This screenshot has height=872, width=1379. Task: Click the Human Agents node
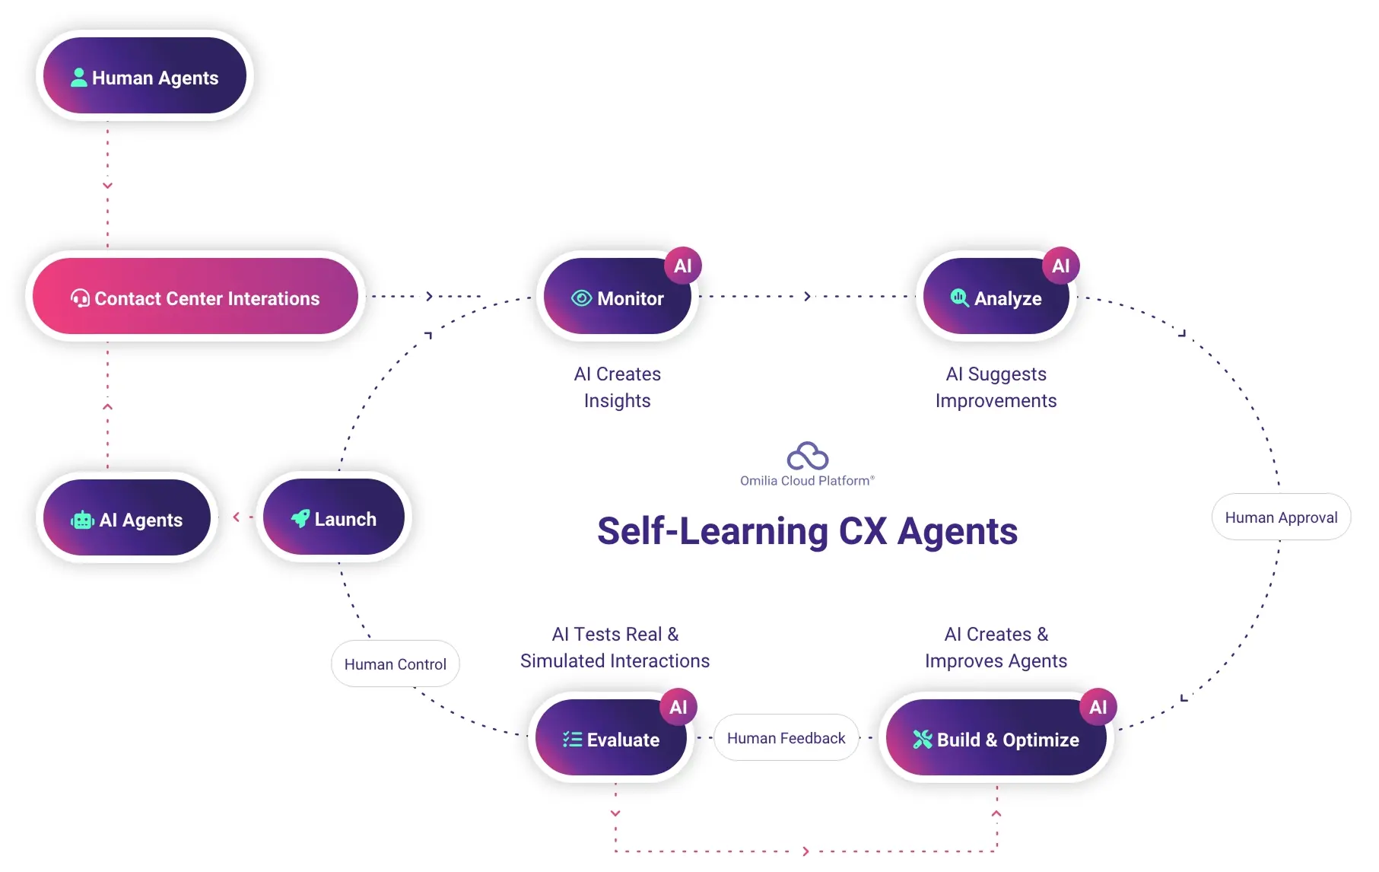[145, 76]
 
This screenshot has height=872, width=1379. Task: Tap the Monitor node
[617, 298]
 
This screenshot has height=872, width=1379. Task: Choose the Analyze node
[996, 298]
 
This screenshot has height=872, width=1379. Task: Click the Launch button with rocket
[334, 518]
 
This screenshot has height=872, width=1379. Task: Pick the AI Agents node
[127, 519]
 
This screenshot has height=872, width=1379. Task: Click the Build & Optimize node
[996, 738]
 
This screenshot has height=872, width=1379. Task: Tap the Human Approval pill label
[1281, 517]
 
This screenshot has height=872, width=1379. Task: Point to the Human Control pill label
[395, 664]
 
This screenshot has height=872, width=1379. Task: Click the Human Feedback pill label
[786, 737]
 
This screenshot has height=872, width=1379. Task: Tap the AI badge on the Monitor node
[683, 266]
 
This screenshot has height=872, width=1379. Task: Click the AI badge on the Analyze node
[1060, 266]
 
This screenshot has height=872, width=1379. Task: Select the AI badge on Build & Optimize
[1098, 707]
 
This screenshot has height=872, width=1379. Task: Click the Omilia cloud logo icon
[807, 456]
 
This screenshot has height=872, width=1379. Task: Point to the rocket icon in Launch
[300, 518]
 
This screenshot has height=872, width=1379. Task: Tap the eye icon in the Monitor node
[582, 298]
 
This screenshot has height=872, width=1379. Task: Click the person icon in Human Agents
[79, 78]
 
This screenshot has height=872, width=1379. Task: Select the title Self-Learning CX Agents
[807, 531]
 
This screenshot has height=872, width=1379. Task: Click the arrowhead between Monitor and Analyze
[807, 296]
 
